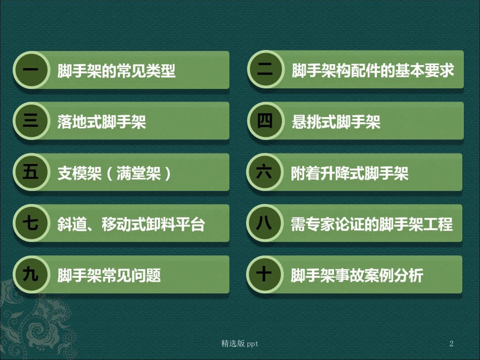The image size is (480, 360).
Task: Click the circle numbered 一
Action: point(31,70)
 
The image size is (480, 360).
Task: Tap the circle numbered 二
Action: point(265,70)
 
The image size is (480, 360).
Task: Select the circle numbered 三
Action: point(31,121)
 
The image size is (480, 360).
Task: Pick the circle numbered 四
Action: point(265,121)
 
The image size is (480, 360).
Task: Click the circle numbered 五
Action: point(31,173)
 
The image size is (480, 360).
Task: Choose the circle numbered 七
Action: point(31,224)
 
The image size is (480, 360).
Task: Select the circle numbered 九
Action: point(31,275)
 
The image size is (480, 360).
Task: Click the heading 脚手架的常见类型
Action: point(116,71)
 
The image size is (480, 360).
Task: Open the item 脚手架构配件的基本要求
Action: point(373,70)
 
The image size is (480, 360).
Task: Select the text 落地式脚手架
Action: point(102,122)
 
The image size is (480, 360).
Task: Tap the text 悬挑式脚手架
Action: point(336,122)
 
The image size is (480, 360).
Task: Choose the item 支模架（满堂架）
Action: point(115,173)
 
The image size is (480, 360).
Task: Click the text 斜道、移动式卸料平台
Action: point(131,224)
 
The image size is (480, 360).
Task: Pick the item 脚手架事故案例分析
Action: point(357,275)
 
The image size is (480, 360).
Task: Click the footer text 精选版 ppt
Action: point(240,344)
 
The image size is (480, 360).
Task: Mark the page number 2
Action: point(451,344)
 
